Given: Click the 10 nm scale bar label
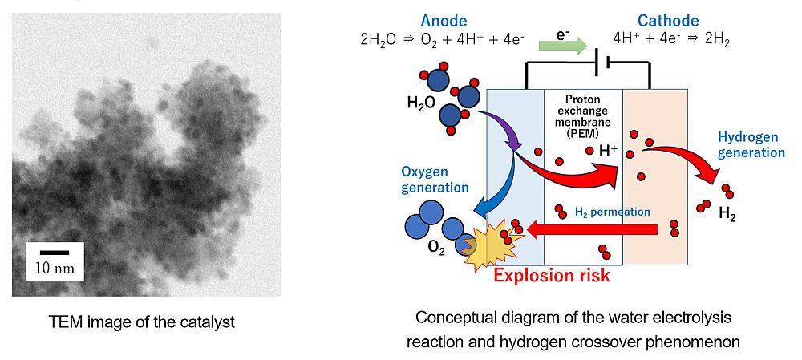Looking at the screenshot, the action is coord(55,268).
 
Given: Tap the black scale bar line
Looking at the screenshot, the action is coord(55,253).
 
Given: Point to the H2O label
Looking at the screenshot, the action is coord(421,103).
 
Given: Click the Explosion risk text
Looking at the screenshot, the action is coord(552,276).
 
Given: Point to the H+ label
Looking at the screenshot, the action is coord(608,151).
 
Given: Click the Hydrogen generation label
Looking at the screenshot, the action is coord(751,144).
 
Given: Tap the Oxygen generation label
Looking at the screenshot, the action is coord(435,180).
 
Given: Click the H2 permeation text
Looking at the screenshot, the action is coord(612,212).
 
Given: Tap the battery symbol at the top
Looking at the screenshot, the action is coord(602,65).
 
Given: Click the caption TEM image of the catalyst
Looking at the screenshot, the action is coord(142,322).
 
